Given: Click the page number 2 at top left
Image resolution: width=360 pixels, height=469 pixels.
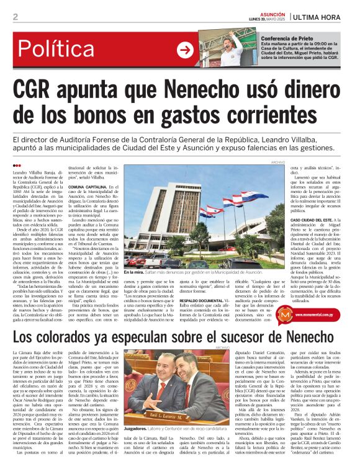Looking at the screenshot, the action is [15, 17].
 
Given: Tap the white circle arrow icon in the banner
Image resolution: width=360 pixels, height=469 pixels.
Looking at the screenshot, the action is [185, 50].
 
